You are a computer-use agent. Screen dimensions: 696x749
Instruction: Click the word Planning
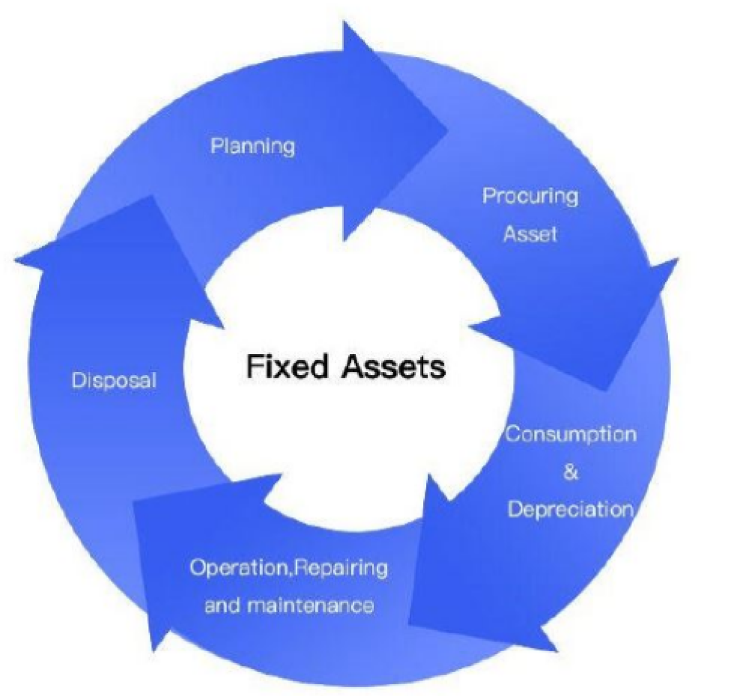252,145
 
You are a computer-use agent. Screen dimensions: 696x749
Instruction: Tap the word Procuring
530,197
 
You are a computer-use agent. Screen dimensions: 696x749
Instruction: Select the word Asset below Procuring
530,234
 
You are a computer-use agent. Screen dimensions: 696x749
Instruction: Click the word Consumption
571,435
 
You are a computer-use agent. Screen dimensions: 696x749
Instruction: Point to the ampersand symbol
571,473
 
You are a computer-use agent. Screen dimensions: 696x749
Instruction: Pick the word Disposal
114,380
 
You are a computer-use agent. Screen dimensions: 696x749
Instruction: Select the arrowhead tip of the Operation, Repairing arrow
154,650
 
